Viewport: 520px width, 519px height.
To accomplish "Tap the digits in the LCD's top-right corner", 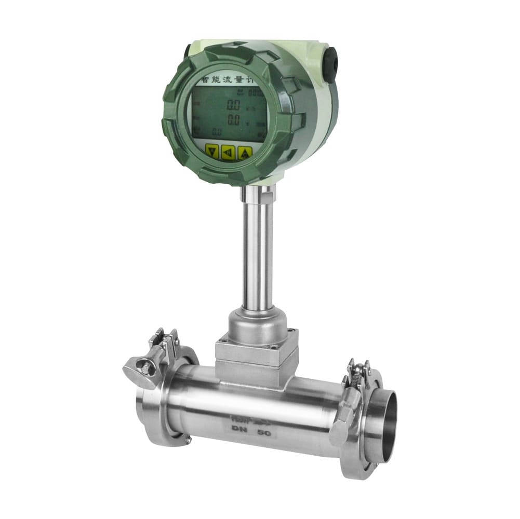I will click(x=255, y=93).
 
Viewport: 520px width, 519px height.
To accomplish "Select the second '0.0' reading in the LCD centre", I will click(x=234, y=120).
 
